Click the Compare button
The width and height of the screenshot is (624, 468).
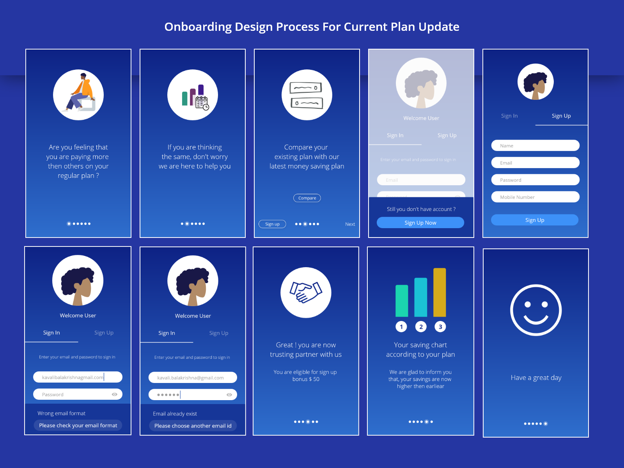click(307, 198)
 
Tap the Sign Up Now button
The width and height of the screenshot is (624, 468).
click(420, 223)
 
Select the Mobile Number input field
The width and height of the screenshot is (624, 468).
click(535, 197)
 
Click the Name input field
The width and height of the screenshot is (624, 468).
click(535, 145)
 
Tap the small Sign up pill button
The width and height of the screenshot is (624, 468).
click(272, 224)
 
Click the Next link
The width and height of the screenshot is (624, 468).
click(350, 224)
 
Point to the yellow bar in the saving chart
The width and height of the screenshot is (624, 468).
click(440, 292)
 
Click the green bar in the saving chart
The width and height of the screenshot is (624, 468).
click(402, 301)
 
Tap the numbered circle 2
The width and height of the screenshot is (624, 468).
click(421, 327)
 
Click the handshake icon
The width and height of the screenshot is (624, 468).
click(306, 292)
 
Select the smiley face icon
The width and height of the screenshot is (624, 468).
click(536, 310)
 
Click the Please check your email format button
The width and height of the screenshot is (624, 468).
click(78, 425)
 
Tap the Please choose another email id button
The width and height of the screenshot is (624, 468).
click(193, 426)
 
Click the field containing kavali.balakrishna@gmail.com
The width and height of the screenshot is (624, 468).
click(193, 378)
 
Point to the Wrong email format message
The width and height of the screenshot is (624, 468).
click(61, 413)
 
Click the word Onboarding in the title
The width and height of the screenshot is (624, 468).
click(198, 27)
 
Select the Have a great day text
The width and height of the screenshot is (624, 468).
click(536, 378)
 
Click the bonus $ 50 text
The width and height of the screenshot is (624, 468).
click(306, 379)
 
